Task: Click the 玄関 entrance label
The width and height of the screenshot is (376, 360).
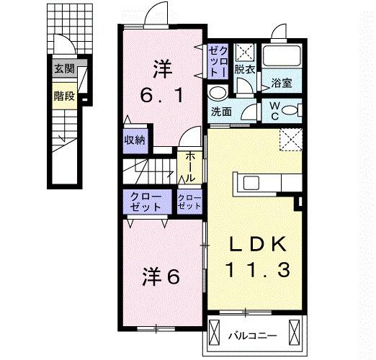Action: (63, 69)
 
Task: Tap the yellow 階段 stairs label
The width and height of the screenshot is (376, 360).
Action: (63, 95)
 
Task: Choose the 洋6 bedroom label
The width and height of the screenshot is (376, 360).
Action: (160, 276)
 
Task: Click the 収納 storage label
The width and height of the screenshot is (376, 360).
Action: (135, 140)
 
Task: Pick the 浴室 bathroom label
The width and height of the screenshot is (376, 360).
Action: (282, 83)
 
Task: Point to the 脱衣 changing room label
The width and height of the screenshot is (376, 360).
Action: (246, 70)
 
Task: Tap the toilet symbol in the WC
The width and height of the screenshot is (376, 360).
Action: (290, 111)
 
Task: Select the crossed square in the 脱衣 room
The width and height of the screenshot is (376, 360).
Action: (246, 52)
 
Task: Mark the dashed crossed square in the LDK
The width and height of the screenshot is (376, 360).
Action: (290, 138)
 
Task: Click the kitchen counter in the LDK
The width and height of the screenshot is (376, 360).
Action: (256, 183)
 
